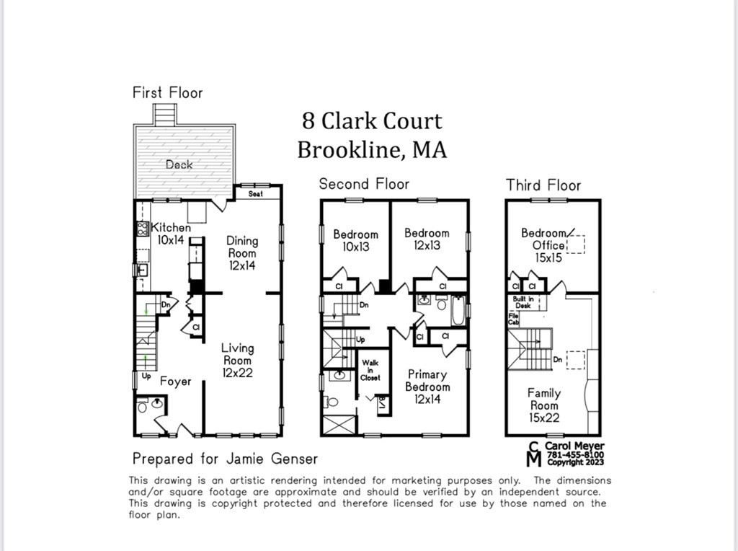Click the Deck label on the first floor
pos(179,164)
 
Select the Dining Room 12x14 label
pos(242,252)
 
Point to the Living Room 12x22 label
pos(237,360)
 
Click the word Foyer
pos(175,381)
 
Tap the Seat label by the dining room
pos(255,194)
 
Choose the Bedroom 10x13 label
pos(355,240)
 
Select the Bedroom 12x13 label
pos(427,239)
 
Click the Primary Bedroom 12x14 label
pos(427,387)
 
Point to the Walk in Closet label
pos(370,370)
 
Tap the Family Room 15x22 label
pos(544,405)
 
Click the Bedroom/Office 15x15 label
pos(544,245)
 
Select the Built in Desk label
pos(523,301)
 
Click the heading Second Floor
pos(364,184)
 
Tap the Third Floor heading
pos(543,185)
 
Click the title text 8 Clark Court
pos(372,120)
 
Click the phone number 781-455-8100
pos(575,454)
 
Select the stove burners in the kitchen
pos(142,229)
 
